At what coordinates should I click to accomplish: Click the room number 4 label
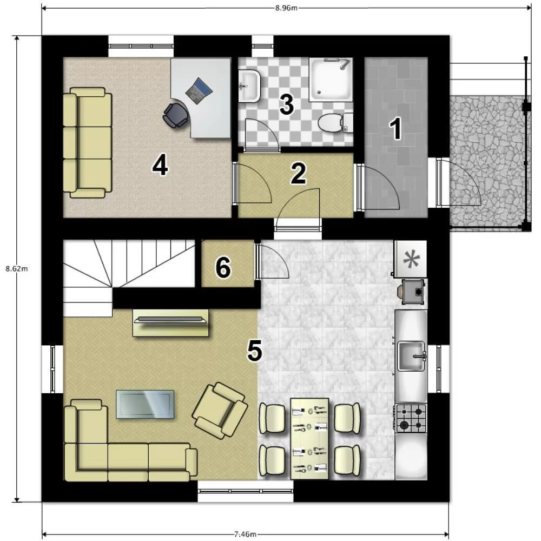160,165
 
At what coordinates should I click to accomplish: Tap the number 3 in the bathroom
287,104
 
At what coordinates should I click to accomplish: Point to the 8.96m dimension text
286,8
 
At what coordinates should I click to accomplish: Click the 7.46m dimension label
245,534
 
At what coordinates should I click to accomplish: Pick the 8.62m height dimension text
16,269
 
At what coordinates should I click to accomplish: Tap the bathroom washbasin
249,85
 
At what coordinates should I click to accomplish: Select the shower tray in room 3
331,80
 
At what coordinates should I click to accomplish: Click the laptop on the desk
199,91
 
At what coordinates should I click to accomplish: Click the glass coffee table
145,404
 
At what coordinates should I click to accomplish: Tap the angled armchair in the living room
220,410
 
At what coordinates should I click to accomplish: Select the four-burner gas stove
411,418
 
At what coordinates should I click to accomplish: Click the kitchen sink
411,356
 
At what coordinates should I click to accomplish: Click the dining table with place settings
309,439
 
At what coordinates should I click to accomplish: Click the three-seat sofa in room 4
88,142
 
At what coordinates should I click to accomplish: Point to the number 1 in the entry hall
396,129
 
